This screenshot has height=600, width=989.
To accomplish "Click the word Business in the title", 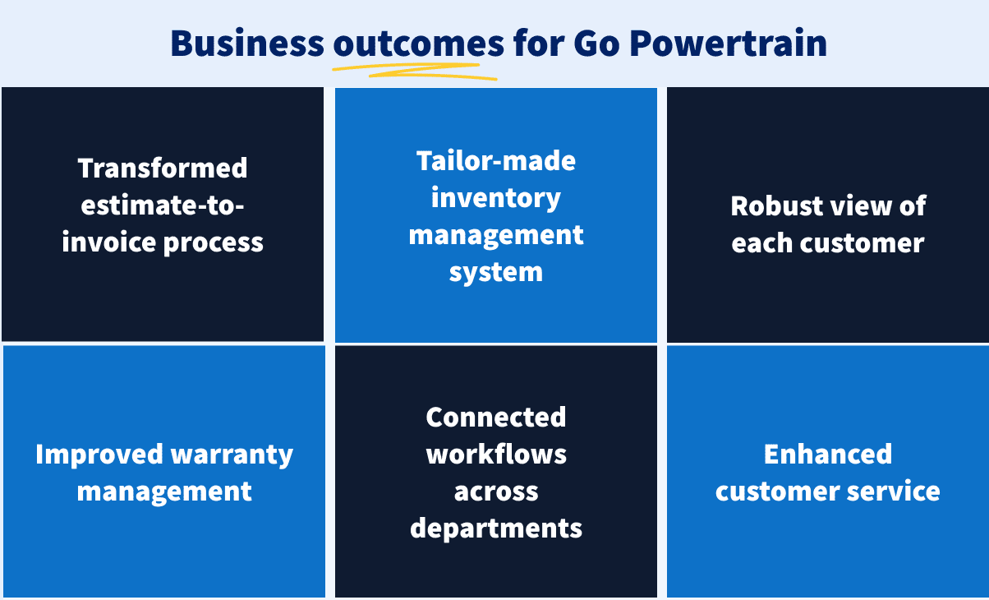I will [246, 44].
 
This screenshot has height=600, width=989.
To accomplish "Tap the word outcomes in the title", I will [418, 44].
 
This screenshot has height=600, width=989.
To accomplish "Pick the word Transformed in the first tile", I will [163, 168].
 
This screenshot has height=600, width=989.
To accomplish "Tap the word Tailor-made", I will [496, 160].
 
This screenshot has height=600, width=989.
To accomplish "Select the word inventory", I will [496, 197].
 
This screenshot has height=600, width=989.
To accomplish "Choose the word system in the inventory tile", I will [496, 272].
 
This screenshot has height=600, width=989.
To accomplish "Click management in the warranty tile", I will [164, 492].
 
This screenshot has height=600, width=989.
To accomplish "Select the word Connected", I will [496, 417].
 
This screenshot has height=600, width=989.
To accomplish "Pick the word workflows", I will [496, 454].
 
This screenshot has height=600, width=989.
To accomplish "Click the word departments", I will [496, 528].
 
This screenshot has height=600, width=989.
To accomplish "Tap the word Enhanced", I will [828, 455].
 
